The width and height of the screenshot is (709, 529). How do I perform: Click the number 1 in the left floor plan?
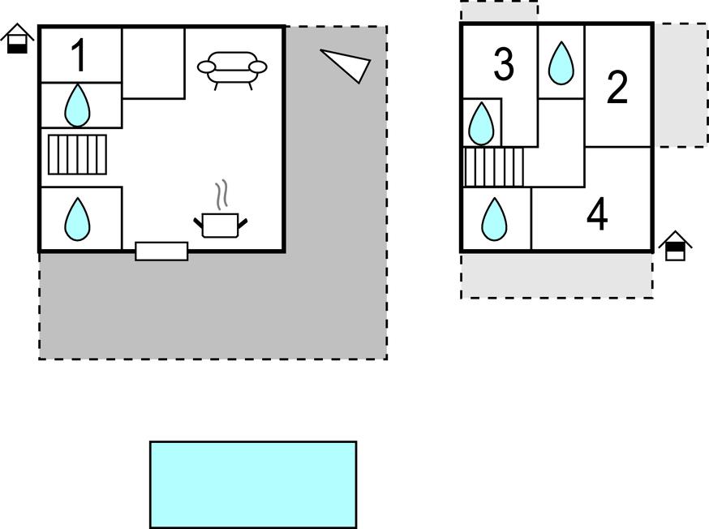(x=79, y=55)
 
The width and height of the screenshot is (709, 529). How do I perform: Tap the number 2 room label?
(x=617, y=87)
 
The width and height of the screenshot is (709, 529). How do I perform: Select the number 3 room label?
(x=504, y=64)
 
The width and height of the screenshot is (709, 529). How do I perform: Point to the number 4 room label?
(x=597, y=214)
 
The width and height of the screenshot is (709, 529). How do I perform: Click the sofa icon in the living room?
(x=232, y=71)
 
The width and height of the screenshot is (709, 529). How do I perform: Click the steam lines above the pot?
(x=221, y=195)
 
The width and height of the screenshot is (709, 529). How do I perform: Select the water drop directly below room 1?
(x=77, y=105)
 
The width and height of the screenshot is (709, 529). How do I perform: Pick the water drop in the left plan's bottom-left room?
(x=77, y=219)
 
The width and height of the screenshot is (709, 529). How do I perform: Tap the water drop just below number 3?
(x=481, y=123)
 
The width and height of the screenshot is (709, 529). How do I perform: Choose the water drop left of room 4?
(x=494, y=219)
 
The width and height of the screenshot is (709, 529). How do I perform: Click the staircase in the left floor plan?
(x=77, y=154)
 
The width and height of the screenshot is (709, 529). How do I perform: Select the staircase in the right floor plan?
(x=494, y=167)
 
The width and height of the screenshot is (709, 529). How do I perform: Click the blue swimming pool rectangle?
(x=253, y=484)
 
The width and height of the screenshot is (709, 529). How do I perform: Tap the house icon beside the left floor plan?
(x=17, y=38)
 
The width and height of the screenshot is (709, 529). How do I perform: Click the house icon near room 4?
(x=675, y=246)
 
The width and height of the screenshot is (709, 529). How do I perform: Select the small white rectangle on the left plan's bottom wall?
(x=161, y=252)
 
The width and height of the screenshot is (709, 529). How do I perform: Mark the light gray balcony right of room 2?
(x=681, y=85)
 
